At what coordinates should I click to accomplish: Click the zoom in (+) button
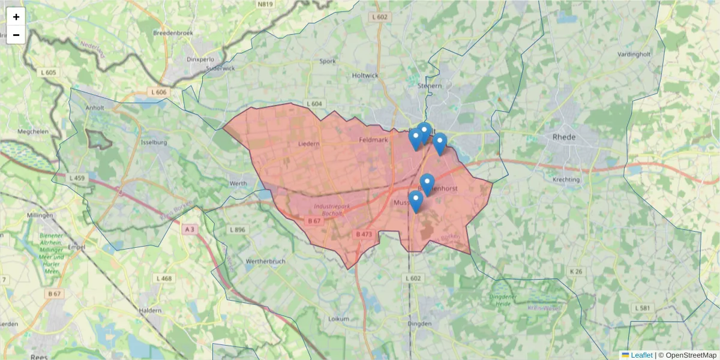point(16,17)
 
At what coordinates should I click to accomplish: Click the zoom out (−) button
point(16,35)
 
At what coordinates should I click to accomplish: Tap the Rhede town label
point(563,137)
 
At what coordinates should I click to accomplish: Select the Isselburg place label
point(153,143)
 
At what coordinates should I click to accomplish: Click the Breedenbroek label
point(173,33)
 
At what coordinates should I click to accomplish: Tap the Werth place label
point(238,183)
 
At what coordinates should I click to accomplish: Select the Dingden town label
point(419,323)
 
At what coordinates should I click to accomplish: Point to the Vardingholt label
point(634,54)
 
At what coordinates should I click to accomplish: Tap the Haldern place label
point(150,310)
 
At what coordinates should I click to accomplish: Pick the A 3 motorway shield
point(190,229)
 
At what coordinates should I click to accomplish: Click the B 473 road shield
point(364,234)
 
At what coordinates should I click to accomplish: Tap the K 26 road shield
point(575,272)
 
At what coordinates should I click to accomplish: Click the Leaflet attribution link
point(641,355)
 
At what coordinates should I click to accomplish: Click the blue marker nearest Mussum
point(415,202)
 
